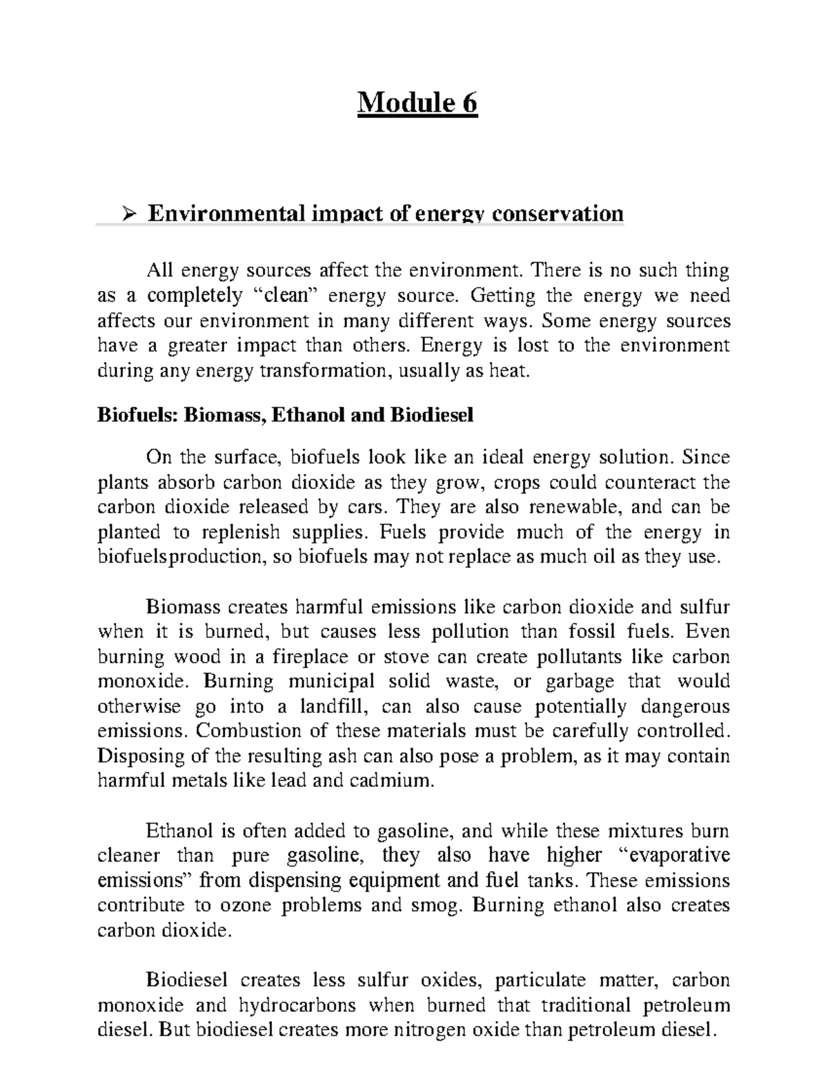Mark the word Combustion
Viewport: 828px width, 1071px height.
(x=255, y=731)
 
